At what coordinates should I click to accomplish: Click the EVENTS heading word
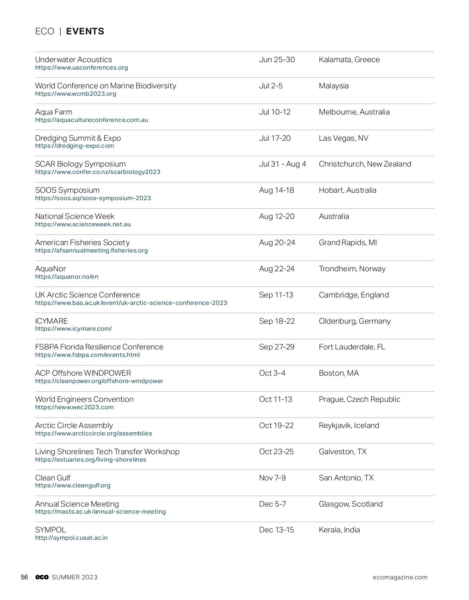pos(85,32)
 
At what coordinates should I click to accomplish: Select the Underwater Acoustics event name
pos(73,60)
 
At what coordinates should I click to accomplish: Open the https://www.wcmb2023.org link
pos(76,94)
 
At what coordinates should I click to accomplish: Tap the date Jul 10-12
pos(275,112)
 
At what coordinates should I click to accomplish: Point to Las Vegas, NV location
pos(344,138)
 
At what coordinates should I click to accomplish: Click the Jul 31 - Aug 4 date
pos(283,164)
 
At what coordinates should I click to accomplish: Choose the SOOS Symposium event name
pos(67,190)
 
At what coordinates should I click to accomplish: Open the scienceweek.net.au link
pos(83,224)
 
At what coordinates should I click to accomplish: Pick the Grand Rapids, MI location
pos(348,243)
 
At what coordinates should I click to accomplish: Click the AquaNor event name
pos(50,269)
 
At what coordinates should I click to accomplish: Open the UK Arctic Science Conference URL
pos(131,303)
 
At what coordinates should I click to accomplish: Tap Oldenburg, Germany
pos(354,321)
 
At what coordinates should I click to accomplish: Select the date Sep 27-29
pos(277,347)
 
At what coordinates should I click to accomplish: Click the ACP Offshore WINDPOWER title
pos(83,373)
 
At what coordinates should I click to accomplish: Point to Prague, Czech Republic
pos(360,399)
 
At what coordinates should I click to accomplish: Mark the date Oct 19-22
pos(276,426)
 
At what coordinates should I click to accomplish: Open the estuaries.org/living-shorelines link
pos(91,460)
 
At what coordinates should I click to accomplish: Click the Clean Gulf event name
pos(53,478)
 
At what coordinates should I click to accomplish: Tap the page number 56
pos(25,577)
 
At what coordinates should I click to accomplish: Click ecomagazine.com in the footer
pos(400,577)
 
